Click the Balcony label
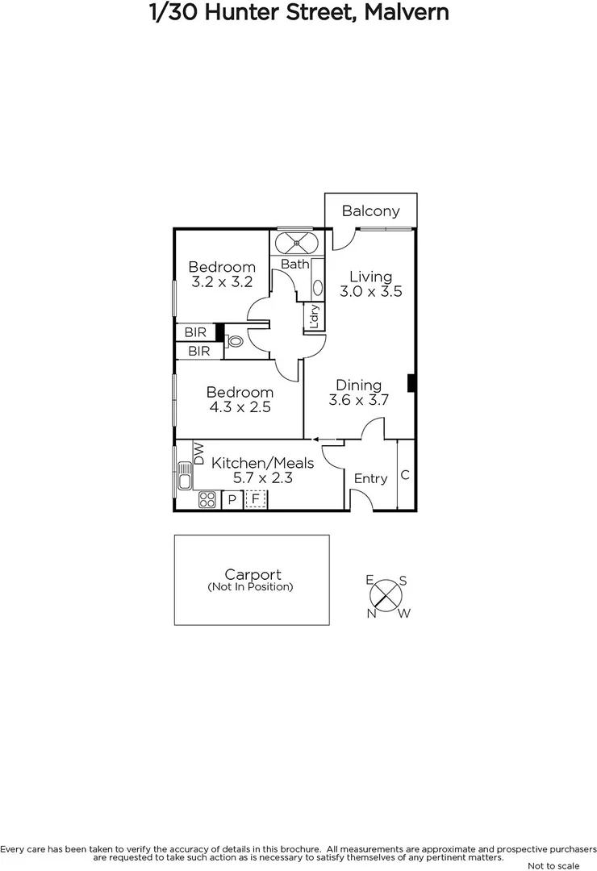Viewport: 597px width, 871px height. (x=370, y=211)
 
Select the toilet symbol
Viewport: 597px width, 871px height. (x=235, y=341)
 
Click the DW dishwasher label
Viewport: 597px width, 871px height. (x=198, y=453)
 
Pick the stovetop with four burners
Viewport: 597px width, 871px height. (x=207, y=499)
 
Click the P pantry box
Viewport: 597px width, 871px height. (x=232, y=500)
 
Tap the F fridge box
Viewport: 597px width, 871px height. (x=256, y=500)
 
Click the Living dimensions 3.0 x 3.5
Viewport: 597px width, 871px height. (x=370, y=292)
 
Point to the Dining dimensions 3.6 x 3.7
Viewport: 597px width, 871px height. (x=359, y=400)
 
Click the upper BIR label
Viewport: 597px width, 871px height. (x=195, y=332)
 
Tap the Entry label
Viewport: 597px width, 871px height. (x=370, y=479)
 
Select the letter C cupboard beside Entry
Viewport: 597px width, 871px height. (x=405, y=475)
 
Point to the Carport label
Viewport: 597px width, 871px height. (x=253, y=575)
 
